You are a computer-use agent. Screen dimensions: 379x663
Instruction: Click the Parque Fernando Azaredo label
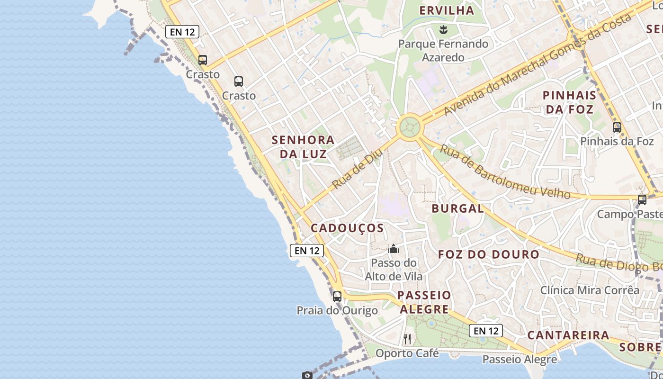[443, 51]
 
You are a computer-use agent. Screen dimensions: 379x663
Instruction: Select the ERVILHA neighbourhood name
[447, 10]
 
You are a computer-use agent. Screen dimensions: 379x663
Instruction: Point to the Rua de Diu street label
[358, 169]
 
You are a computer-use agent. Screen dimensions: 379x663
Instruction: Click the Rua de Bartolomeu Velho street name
[505, 172]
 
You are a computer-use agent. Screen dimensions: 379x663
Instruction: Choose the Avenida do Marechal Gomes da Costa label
[538, 65]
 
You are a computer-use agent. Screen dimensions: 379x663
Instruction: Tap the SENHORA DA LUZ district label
[303, 147]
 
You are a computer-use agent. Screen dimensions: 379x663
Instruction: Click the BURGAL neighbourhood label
[457, 208]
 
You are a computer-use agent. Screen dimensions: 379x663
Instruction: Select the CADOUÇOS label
[347, 228]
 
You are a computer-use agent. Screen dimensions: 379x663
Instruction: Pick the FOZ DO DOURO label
[488, 254]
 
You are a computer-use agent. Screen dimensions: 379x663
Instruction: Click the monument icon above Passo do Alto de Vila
[394, 249]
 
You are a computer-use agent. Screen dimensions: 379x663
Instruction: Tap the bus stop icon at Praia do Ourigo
[337, 297]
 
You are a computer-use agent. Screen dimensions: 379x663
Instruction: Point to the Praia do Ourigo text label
[337, 311]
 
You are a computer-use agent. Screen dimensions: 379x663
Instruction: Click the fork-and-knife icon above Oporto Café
[407, 339]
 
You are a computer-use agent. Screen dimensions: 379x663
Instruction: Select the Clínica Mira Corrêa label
[590, 290]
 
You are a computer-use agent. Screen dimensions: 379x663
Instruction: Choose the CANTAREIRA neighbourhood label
[568, 335]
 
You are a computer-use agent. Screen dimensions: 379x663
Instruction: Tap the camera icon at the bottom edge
[307, 375]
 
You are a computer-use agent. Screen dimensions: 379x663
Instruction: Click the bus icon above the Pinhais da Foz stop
[617, 127]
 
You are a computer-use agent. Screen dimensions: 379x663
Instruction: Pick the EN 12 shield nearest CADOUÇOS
[306, 251]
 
